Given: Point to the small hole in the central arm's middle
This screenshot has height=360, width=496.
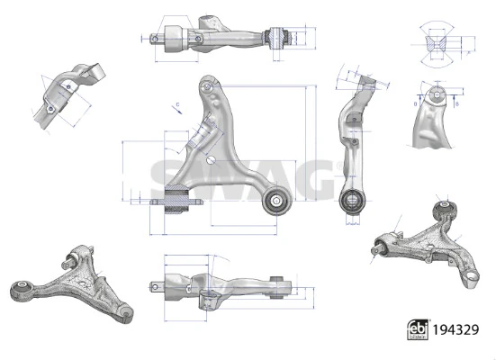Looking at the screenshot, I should (x=210, y=161).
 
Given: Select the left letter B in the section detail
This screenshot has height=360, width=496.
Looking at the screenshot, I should (x=416, y=103).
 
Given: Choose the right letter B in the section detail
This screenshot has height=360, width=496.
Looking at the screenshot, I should (x=457, y=103).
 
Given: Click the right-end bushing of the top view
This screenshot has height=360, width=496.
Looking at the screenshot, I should (x=278, y=39).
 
